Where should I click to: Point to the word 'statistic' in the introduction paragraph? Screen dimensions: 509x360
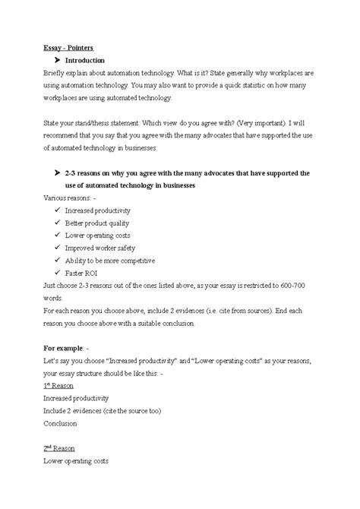tap(261, 85)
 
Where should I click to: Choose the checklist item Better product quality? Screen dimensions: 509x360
tap(96, 223)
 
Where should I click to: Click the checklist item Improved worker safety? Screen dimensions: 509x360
tap(99, 248)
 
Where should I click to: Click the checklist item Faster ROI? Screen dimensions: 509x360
tap(82, 273)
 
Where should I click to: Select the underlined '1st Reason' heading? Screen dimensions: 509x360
tap(59, 385)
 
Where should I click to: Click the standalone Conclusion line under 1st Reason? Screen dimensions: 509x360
tap(61, 423)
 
